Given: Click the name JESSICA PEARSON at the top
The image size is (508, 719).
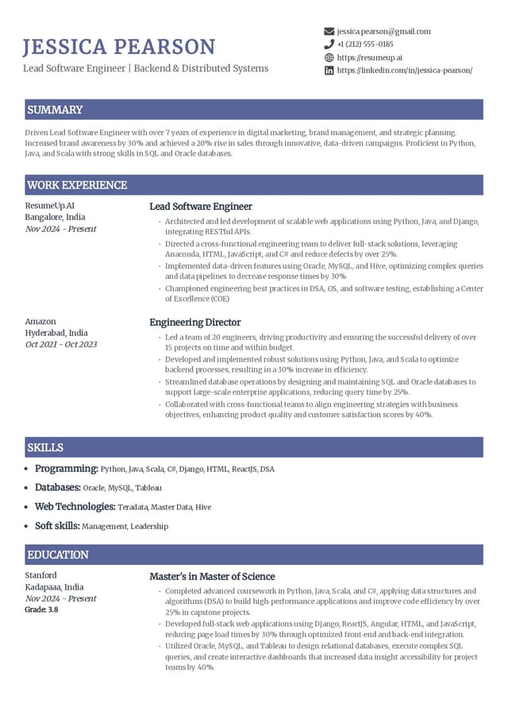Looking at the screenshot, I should (x=119, y=47).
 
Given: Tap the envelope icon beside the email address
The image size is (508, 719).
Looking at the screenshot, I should (x=329, y=31).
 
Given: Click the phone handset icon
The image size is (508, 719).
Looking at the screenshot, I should (x=329, y=44).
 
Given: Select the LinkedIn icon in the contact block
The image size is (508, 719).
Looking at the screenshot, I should (x=329, y=70).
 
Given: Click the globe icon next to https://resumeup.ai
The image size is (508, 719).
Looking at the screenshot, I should (x=329, y=57).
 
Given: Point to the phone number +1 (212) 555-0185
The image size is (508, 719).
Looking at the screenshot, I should (x=365, y=44).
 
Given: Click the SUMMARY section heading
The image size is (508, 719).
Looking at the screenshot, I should (x=55, y=110).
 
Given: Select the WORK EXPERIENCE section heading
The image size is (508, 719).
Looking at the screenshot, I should (x=77, y=185).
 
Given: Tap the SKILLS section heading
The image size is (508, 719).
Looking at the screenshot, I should (x=45, y=447).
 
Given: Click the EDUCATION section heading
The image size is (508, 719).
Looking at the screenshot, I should (x=58, y=555).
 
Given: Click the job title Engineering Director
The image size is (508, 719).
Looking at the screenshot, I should (x=195, y=323).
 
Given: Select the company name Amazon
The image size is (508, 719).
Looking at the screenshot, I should (x=40, y=321).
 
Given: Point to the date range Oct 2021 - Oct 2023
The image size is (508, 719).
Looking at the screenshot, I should (x=61, y=344).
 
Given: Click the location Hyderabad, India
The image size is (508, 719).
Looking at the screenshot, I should (x=56, y=333).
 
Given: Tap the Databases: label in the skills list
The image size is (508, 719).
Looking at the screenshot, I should (x=58, y=487).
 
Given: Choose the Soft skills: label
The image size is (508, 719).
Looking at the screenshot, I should (x=57, y=526).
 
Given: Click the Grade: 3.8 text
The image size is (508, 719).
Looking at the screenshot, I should (x=41, y=609).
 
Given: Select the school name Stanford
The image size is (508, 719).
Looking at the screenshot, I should (x=41, y=575).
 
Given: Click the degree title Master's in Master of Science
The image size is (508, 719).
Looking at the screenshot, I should (x=213, y=577).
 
